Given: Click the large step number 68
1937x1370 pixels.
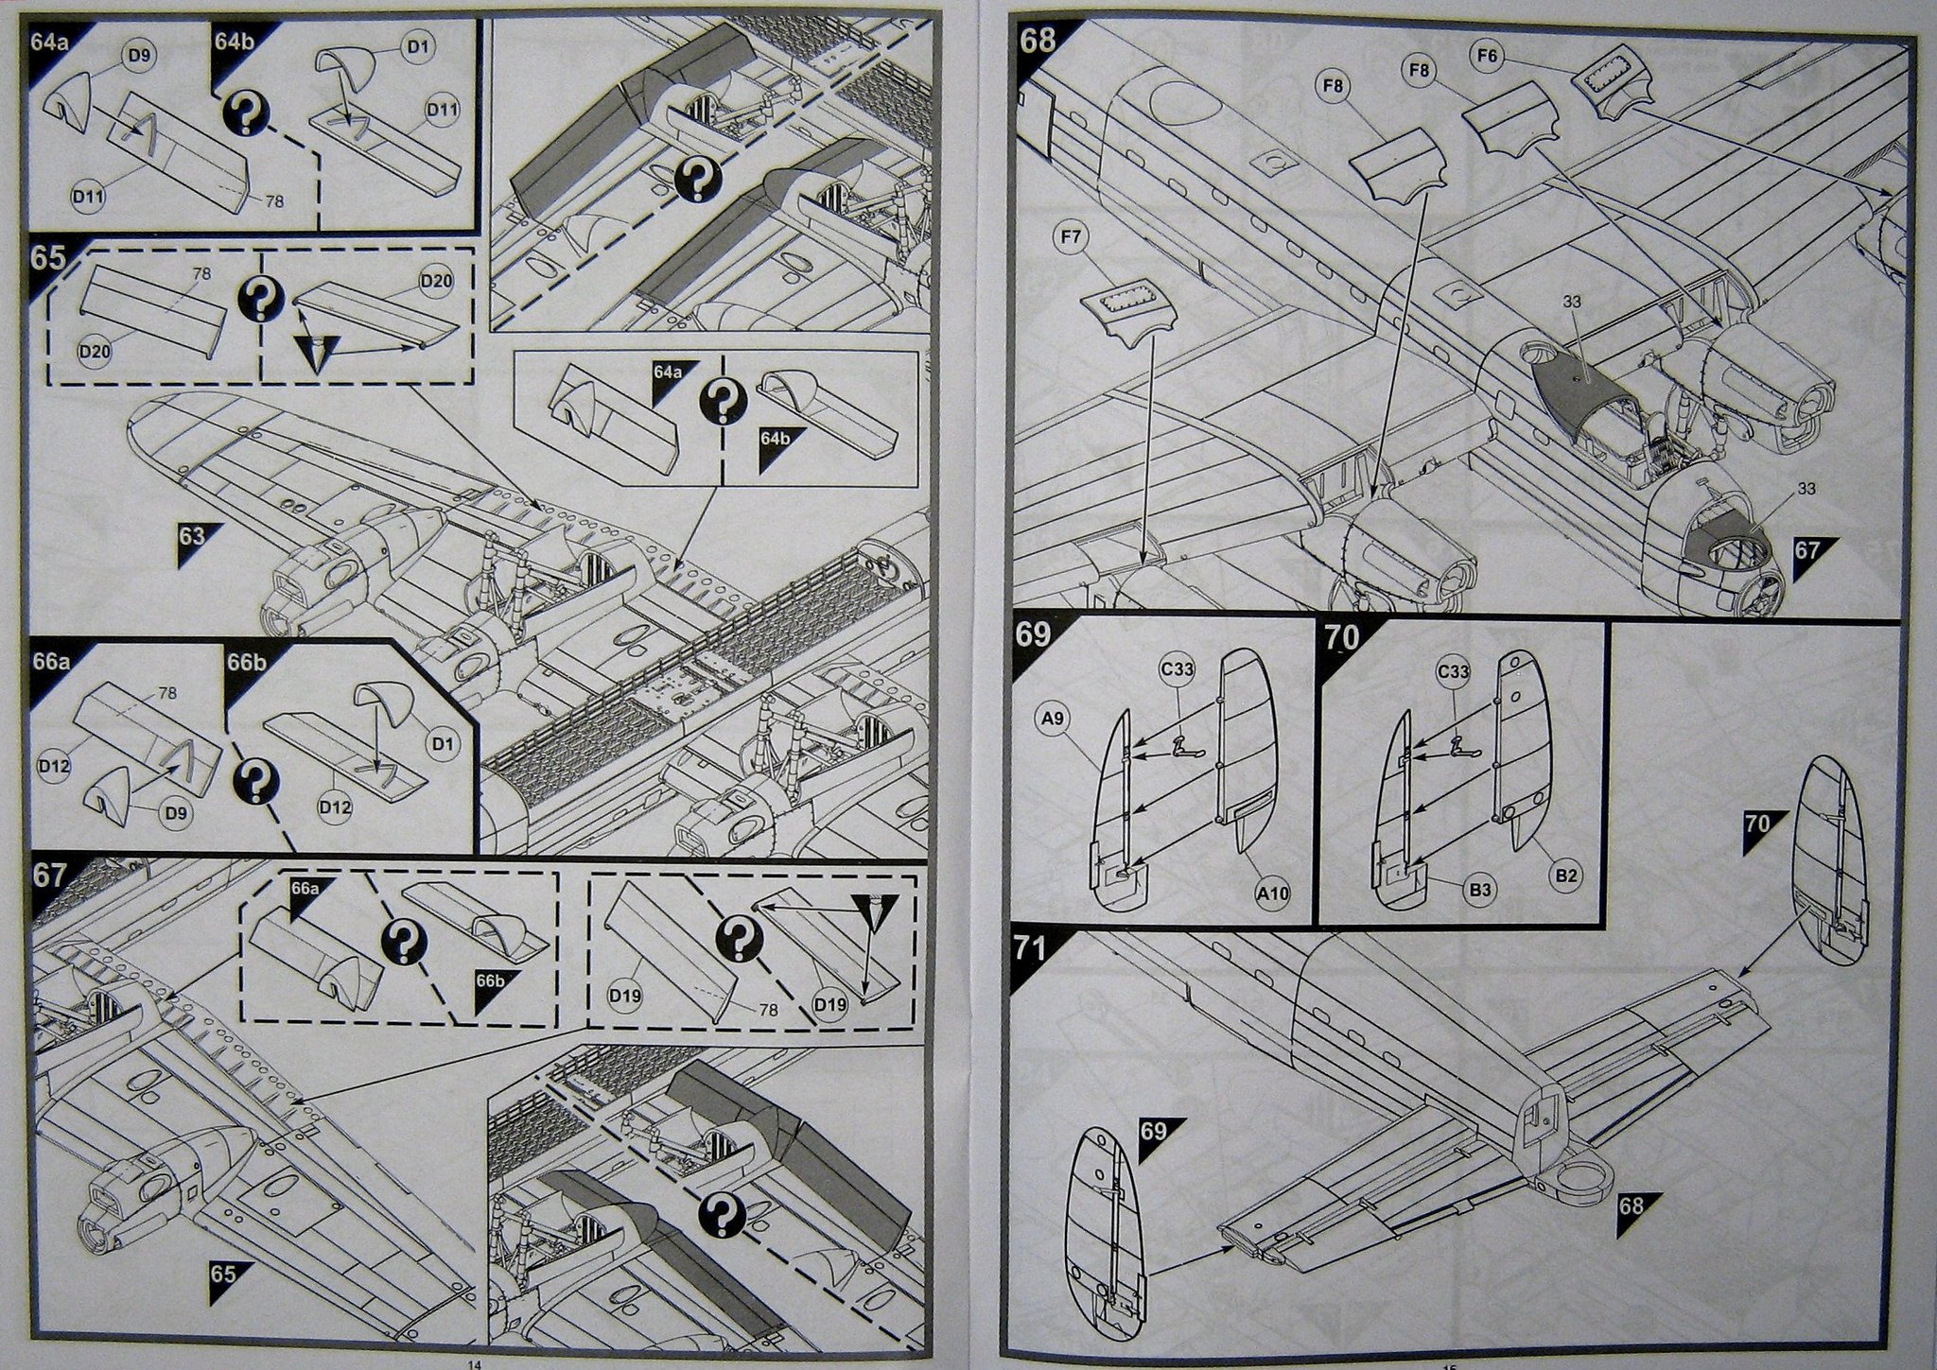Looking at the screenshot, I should coord(1037,41).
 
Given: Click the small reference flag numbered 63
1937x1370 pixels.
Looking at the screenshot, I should coord(192,536).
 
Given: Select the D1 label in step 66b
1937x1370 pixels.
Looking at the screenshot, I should coord(442,744).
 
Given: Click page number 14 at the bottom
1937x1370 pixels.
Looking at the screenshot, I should coord(475,1362).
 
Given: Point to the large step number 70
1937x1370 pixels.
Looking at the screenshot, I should coord(1341,639).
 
